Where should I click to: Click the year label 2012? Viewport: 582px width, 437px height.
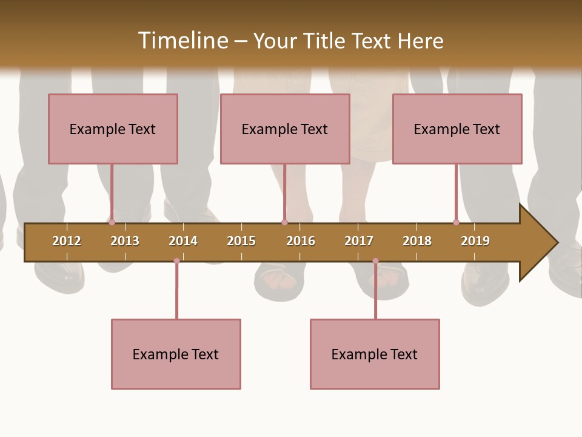[x=67, y=241]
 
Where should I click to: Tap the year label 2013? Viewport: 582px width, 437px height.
[x=125, y=241]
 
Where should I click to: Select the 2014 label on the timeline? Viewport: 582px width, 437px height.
[x=183, y=241]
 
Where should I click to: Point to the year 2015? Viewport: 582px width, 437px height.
[x=241, y=241]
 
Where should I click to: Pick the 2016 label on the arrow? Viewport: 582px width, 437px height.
[x=301, y=241]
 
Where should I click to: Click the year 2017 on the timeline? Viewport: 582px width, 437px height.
[x=359, y=241]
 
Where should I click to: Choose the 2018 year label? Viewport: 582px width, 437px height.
[x=417, y=241]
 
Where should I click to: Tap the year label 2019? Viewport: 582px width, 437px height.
[x=475, y=241]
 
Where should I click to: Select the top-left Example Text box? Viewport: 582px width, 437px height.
[x=113, y=129]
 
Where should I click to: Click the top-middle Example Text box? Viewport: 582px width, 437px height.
[x=285, y=129]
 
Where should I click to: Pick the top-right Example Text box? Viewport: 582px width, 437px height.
[x=457, y=129]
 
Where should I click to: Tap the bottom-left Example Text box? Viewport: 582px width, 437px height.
[x=176, y=354]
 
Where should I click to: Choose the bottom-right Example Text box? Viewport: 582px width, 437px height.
[x=375, y=354]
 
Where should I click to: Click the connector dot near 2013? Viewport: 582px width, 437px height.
[x=112, y=222]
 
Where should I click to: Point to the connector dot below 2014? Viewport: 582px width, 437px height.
[x=176, y=261]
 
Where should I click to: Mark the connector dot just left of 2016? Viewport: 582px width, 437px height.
[x=284, y=222]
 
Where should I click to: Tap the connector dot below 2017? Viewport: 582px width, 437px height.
[x=375, y=261]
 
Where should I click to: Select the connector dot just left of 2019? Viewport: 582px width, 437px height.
[x=456, y=222]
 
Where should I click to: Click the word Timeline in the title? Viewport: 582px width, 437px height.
[x=182, y=41]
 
